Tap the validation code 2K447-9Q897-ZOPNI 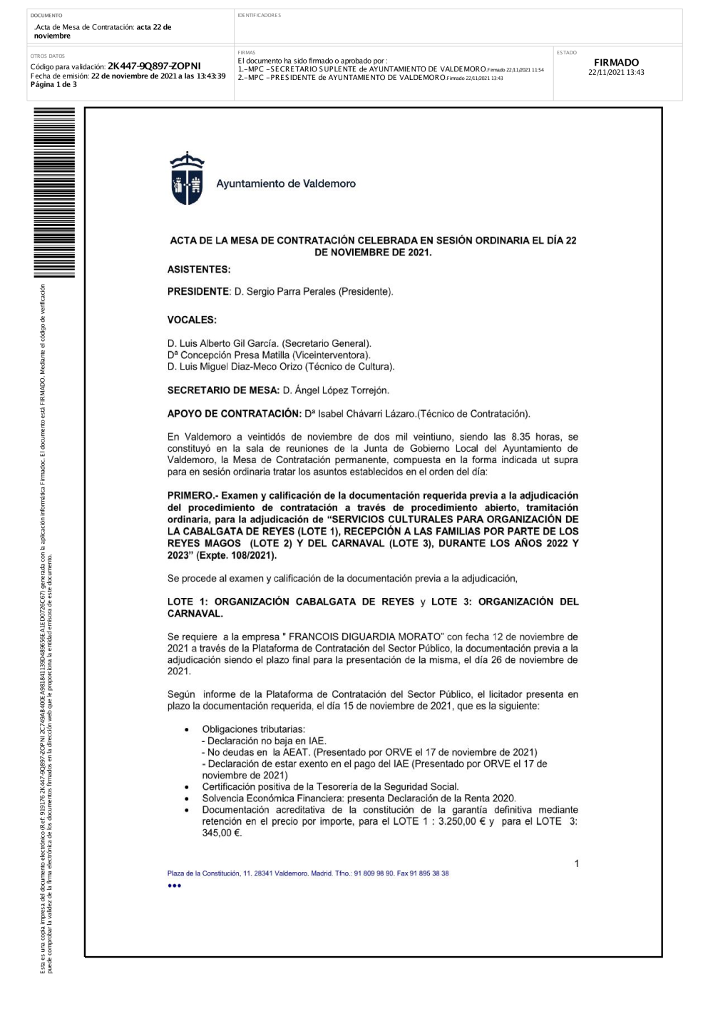click(x=154, y=66)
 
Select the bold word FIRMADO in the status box click(x=616, y=62)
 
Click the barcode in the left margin click(x=54, y=193)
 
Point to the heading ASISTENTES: click(x=199, y=270)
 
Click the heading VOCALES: click(x=192, y=320)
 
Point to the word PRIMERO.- click(x=193, y=495)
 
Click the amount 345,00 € click(x=222, y=833)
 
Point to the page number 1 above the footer click(x=577, y=863)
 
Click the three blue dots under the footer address click(x=175, y=886)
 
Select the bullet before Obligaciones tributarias click(x=187, y=729)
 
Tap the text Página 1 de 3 click(x=53, y=84)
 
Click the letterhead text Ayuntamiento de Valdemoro click(x=286, y=183)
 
